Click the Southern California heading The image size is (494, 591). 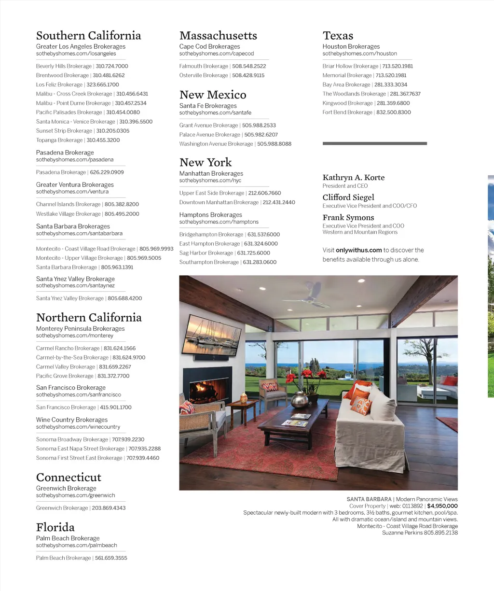(88, 36)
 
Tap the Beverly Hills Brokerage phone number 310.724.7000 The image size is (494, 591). (112, 66)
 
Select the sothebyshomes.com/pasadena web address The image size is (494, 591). (75, 160)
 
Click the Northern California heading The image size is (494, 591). (89, 318)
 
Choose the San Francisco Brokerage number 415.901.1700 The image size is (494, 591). (116, 408)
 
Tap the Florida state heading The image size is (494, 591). (55, 527)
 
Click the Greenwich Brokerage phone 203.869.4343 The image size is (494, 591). (109, 508)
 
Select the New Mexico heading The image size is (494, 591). (213, 95)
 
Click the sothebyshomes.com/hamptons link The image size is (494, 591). (219, 222)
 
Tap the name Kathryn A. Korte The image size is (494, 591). (354, 178)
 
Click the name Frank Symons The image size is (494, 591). (348, 218)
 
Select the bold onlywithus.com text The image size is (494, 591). (359, 250)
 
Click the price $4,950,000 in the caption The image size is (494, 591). (442, 506)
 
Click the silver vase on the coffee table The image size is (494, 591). (299, 399)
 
